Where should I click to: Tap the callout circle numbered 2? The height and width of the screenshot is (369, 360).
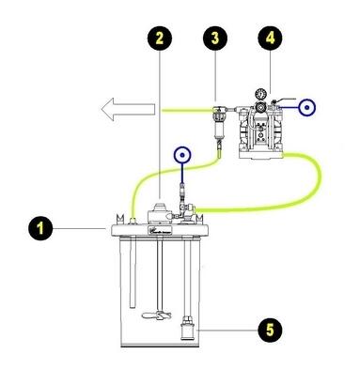pos(164,38)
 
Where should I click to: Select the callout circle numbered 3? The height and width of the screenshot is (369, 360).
pos(217,38)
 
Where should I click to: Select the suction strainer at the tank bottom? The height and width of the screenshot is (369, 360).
pos(186,330)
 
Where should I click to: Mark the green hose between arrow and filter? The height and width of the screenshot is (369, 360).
pos(183,112)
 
